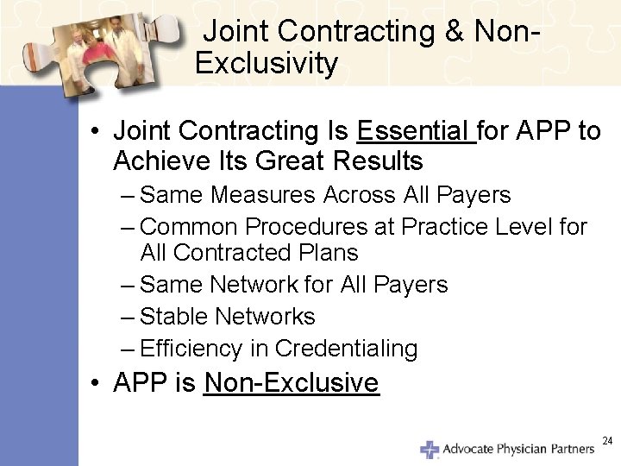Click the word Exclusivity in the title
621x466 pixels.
(x=267, y=64)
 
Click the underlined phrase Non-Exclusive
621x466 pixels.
(x=291, y=382)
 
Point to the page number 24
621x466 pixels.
(x=606, y=441)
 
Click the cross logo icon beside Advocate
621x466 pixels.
(x=429, y=449)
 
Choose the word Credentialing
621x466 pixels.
(x=346, y=349)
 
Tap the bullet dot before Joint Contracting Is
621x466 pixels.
(x=97, y=132)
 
